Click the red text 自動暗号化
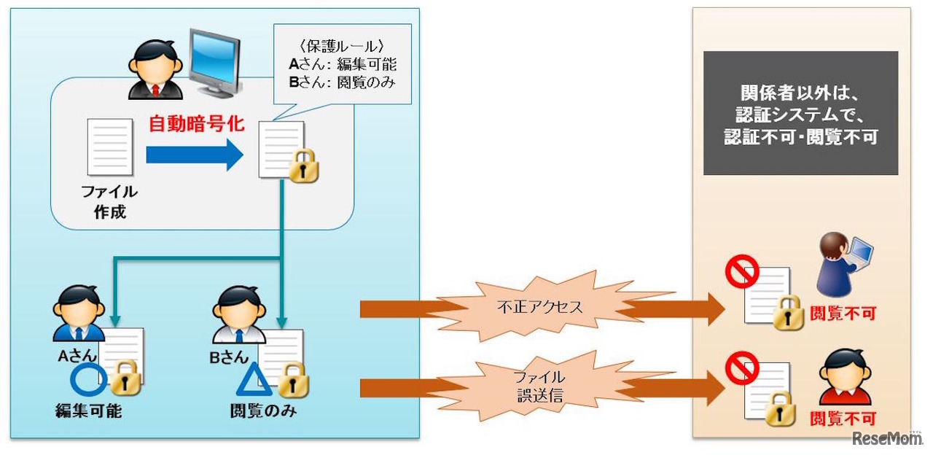196,124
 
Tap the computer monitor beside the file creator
214,63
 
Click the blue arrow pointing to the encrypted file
194,155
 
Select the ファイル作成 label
109,202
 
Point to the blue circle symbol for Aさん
88,379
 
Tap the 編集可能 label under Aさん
89,411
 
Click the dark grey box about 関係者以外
800,113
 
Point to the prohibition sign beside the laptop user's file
742,273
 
